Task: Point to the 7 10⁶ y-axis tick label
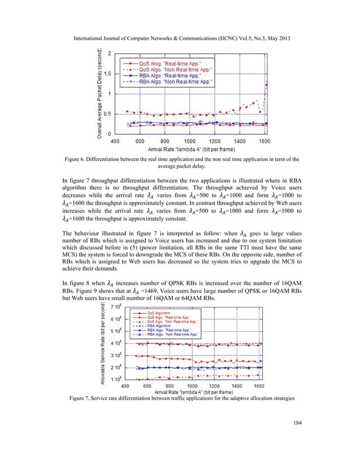pyautogui.click(x=115, y=306)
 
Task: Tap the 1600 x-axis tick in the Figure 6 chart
pyautogui.click(x=265, y=140)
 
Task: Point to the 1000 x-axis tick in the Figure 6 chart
pyautogui.click(x=190, y=140)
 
